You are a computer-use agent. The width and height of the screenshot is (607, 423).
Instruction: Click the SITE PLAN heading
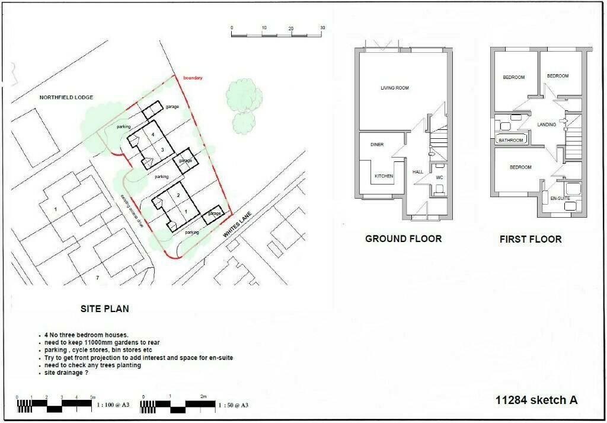click(x=105, y=309)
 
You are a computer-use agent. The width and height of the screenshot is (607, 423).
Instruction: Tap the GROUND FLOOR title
click(x=403, y=239)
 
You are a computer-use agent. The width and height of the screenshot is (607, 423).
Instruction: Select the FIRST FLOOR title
click(x=531, y=240)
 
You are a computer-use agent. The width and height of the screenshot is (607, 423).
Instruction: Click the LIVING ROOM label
click(x=395, y=88)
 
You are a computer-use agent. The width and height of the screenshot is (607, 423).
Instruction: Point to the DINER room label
click(x=377, y=145)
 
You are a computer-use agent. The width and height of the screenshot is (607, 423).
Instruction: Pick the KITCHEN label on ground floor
click(x=384, y=176)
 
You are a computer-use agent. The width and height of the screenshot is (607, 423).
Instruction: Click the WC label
click(x=440, y=177)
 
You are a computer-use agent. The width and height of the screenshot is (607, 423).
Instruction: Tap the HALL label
click(x=417, y=172)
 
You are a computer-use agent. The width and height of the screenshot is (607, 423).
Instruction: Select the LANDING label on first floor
click(x=547, y=125)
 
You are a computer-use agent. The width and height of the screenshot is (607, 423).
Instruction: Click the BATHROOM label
click(x=510, y=141)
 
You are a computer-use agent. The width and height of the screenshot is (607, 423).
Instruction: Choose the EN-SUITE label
click(x=560, y=198)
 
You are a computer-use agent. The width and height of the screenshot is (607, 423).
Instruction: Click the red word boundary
click(x=193, y=78)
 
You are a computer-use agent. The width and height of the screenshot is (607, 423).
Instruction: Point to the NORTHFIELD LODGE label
click(x=66, y=97)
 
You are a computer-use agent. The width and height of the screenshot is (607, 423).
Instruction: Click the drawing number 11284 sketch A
click(x=536, y=400)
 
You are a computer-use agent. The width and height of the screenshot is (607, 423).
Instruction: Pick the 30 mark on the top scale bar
click(x=322, y=28)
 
